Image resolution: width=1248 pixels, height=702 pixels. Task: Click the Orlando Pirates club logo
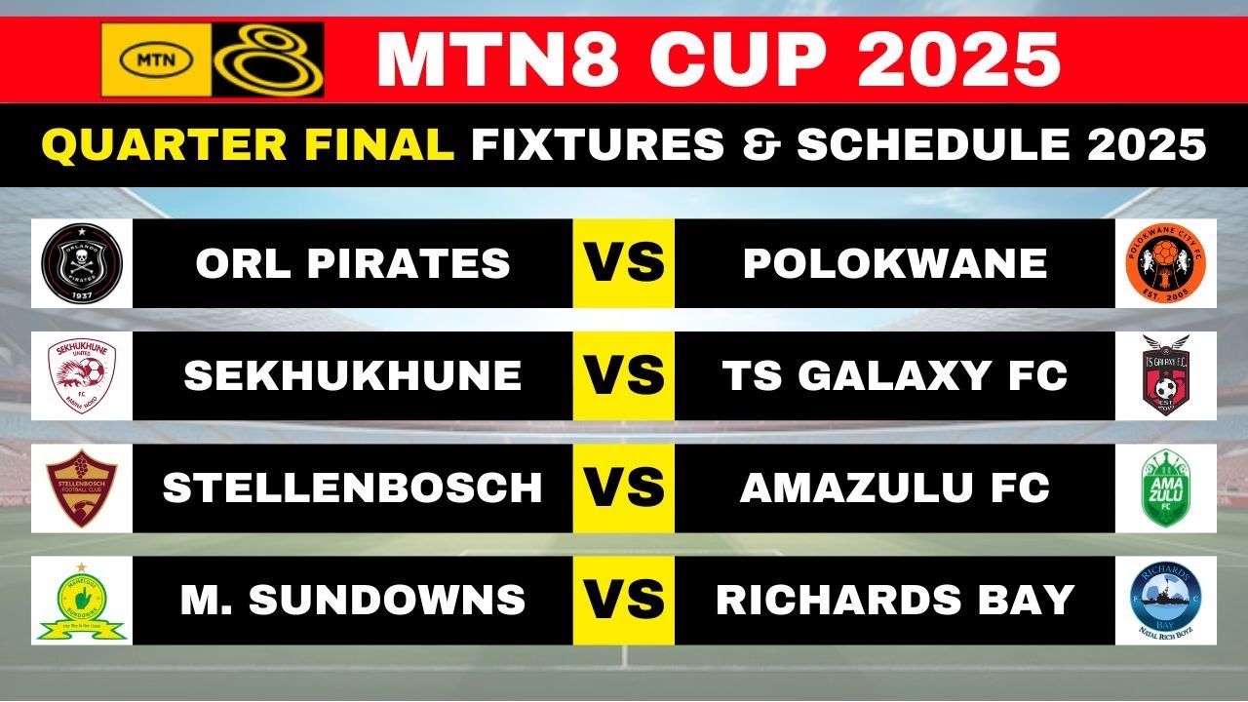pyautogui.click(x=82, y=263)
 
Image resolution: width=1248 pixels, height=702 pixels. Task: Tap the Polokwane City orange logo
pyautogui.click(x=1165, y=263)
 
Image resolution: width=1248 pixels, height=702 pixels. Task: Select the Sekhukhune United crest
pyautogui.click(x=82, y=375)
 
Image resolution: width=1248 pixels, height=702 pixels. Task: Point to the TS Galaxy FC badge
pyautogui.click(x=1165, y=375)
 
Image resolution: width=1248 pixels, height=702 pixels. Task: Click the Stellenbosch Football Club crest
pyautogui.click(x=82, y=487)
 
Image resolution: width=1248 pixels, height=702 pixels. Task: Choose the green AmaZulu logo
pyautogui.click(x=1165, y=487)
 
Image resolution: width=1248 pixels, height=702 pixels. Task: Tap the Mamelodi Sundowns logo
pyautogui.click(x=82, y=601)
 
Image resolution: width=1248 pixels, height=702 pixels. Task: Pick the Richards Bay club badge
pyautogui.click(x=1165, y=601)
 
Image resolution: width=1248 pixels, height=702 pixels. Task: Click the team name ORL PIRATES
pyautogui.click(x=353, y=263)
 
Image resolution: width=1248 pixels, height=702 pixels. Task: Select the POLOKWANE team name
pyautogui.click(x=895, y=263)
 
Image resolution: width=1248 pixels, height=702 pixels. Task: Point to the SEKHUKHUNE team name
pyautogui.click(x=353, y=375)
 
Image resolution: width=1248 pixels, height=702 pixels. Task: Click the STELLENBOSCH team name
pyautogui.click(x=353, y=487)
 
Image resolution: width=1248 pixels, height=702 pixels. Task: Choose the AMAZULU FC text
pyautogui.click(x=895, y=487)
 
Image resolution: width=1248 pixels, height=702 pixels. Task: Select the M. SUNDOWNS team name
pyautogui.click(x=353, y=601)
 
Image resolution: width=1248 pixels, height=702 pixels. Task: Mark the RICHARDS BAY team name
pyautogui.click(x=895, y=601)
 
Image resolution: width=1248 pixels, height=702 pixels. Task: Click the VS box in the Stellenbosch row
pyautogui.click(x=624, y=487)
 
